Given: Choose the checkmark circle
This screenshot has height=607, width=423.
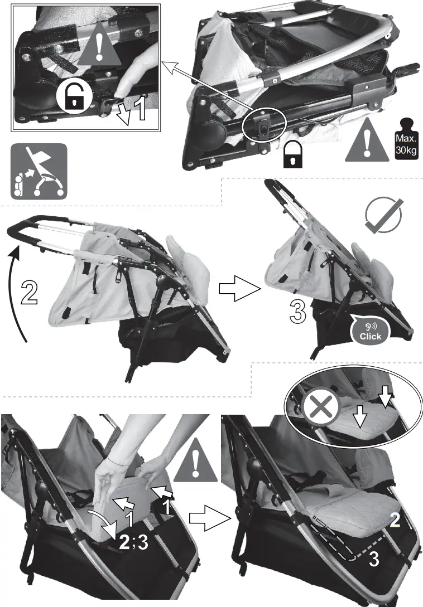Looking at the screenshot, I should [383, 217].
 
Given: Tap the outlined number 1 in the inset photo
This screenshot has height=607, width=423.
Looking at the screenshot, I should [140, 108].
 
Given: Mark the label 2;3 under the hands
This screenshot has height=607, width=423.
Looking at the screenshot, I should [133, 543].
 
